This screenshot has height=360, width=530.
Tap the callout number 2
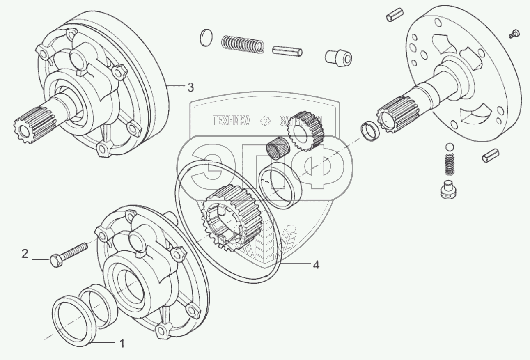pyautogui.click(x=25, y=254)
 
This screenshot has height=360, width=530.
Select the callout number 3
pyautogui.click(x=190, y=87)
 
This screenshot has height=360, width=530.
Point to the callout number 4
pyautogui.click(x=316, y=265)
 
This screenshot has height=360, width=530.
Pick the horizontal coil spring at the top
pyautogui.click(x=243, y=44)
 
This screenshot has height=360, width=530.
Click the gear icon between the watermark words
pyautogui.click(x=266, y=120)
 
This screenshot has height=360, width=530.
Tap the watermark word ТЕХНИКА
pyautogui.click(x=232, y=120)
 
